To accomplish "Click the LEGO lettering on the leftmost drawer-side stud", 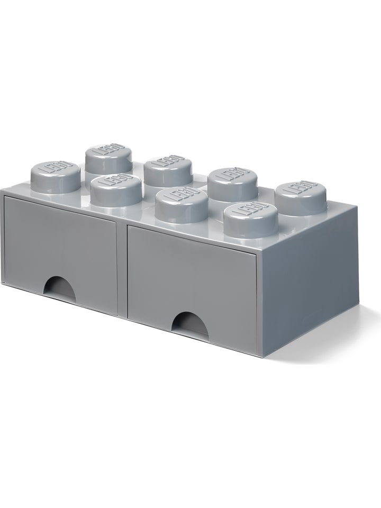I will click(x=55, y=170).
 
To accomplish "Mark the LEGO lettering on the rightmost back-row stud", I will click(x=301, y=188).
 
